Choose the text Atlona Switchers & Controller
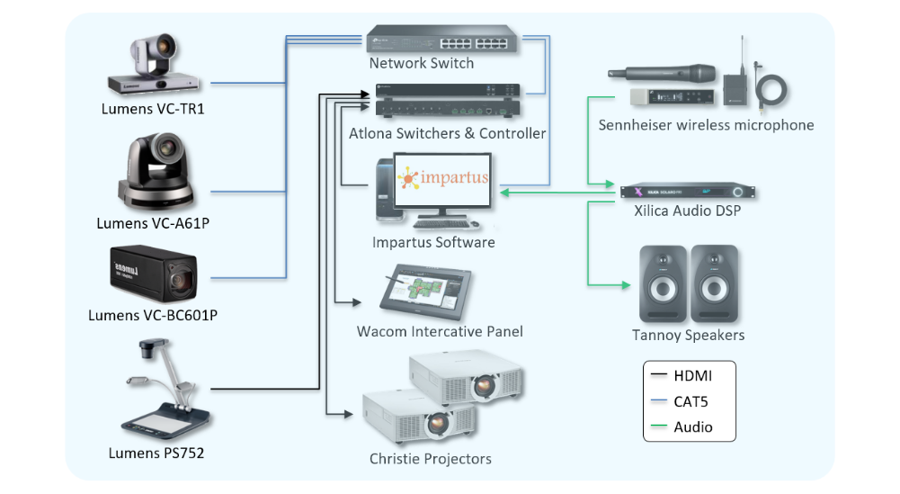(x=447, y=133)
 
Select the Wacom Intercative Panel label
(x=440, y=331)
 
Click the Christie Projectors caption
(x=430, y=459)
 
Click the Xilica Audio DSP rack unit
(x=687, y=192)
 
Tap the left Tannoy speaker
(x=663, y=283)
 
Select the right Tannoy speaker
(x=715, y=283)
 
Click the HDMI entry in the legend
(x=692, y=376)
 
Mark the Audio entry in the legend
(x=692, y=427)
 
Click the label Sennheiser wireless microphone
(x=706, y=125)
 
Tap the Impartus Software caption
(x=433, y=242)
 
